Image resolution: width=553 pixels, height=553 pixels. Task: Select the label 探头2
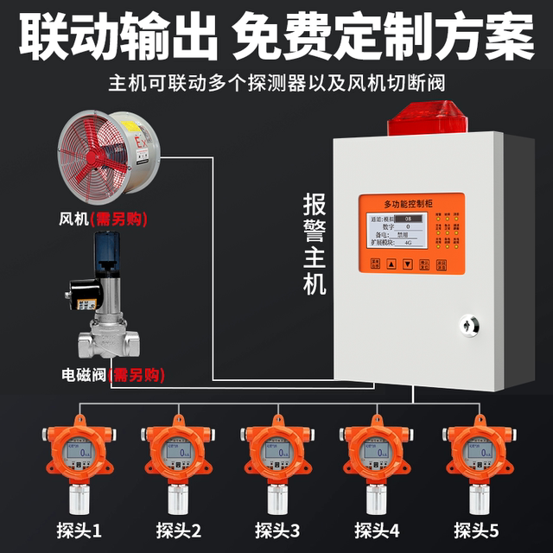pyautogui.click(x=178, y=528)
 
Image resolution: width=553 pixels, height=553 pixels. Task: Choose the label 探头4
pyautogui.click(x=376, y=528)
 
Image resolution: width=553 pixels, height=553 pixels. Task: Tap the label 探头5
pyautogui.click(x=475, y=528)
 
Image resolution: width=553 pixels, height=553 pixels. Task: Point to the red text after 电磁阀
pyautogui.click(x=137, y=376)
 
